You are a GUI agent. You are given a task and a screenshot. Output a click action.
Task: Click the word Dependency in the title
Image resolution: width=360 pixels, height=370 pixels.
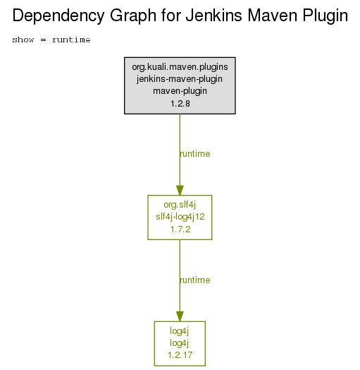(58, 16)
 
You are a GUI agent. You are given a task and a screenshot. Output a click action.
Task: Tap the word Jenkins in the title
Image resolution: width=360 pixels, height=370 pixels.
(213, 16)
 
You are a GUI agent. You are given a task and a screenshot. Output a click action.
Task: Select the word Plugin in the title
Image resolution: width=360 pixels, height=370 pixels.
(325, 16)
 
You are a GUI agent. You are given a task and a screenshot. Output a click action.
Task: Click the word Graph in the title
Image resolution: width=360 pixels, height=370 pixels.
(133, 16)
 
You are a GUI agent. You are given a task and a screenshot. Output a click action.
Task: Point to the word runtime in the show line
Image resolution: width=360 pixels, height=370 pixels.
(71, 40)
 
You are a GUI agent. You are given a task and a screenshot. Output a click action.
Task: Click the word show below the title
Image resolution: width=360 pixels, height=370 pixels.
(23, 40)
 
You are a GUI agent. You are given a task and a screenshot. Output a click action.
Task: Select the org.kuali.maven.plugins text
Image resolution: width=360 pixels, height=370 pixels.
(180, 67)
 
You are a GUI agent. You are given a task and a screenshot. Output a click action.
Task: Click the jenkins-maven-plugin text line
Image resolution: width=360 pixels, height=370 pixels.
(180, 79)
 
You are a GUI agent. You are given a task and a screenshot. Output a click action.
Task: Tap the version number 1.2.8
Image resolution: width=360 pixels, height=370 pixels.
(180, 104)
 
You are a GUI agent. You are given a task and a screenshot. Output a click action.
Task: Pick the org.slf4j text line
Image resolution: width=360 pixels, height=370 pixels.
(180, 205)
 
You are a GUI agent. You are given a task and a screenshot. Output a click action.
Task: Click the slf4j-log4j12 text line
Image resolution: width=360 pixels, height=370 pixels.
(180, 217)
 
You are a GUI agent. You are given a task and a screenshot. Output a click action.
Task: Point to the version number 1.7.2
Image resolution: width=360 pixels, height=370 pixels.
(180, 229)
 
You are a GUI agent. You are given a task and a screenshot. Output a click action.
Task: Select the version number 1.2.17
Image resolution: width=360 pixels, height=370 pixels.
(180, 355)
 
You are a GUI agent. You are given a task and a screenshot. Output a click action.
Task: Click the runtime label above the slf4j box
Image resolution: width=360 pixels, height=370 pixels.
(194, 154)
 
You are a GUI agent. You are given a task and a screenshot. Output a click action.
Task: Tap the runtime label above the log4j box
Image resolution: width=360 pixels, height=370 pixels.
(194, 280)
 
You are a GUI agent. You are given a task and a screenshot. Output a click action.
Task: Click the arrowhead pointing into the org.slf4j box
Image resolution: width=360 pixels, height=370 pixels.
(180, 191)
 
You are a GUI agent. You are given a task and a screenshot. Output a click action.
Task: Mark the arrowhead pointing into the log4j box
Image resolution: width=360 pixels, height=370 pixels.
(180, 316)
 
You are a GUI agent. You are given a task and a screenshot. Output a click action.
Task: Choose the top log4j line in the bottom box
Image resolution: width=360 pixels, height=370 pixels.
(180, 331)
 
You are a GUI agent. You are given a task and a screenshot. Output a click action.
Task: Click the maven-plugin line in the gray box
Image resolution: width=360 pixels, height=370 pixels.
(180, 91)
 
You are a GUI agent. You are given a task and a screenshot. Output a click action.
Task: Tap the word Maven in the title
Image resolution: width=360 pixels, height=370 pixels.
(273, 16)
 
